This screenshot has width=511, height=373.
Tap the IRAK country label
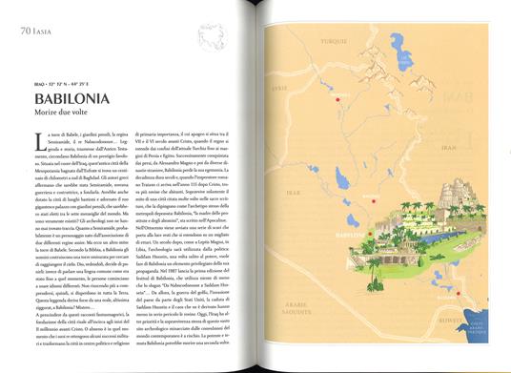click(292, 191)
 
